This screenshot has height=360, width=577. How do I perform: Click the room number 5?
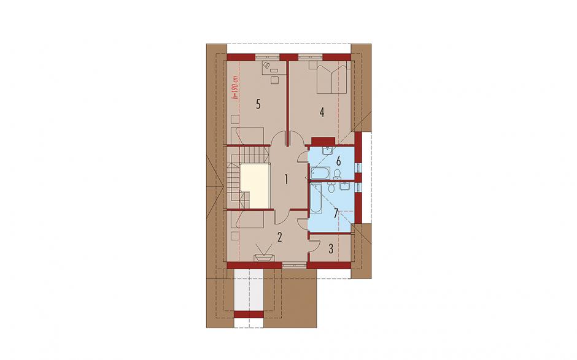tap(258, 104)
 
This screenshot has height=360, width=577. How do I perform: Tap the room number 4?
tap(322, 112)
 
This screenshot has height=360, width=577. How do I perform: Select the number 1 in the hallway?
tap(286, 180)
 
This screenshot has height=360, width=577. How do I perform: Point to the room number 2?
tap(280, 237)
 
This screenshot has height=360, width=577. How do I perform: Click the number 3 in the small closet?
tap(331, 249)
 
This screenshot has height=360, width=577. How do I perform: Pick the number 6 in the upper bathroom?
tap(339, 161)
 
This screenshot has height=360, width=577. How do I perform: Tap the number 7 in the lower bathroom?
tap(336, 213)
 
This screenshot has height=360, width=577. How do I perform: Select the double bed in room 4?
tap(332, 77)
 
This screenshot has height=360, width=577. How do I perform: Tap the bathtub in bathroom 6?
tap(320, 172)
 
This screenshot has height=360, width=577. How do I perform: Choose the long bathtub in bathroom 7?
tap(316, 199)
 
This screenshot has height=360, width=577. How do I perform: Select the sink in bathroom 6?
tap(327, 150)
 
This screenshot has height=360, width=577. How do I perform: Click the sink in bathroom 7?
tap(345, 187)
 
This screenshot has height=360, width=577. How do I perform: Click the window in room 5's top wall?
tap(267, 57)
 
